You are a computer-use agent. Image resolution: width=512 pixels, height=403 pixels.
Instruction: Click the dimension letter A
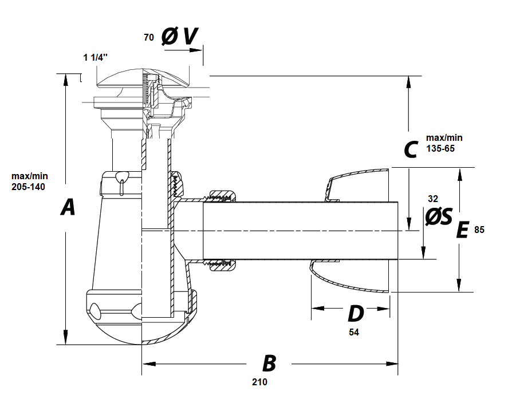point(68,207)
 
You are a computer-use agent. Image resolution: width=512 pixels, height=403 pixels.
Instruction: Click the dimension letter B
point(269,364)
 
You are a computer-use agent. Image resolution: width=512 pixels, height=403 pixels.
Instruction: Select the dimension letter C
point(411,150)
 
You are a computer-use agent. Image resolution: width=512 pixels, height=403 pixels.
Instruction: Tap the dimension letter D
point(356,314)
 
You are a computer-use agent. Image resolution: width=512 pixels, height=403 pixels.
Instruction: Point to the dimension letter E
point(462,230)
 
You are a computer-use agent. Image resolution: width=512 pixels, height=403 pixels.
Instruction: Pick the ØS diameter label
point(439,216)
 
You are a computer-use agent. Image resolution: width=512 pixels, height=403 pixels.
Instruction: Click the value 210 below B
point(259,382)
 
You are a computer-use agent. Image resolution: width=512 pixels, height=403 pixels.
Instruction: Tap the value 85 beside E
point(479,230)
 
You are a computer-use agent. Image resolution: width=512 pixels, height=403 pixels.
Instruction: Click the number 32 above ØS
point(433,199)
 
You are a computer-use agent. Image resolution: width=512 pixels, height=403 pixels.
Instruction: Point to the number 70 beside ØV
point(148,37)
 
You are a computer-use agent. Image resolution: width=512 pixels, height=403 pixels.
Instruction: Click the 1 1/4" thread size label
point(96,57)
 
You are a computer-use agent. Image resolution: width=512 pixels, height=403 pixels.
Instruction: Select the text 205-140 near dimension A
point(29,187)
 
